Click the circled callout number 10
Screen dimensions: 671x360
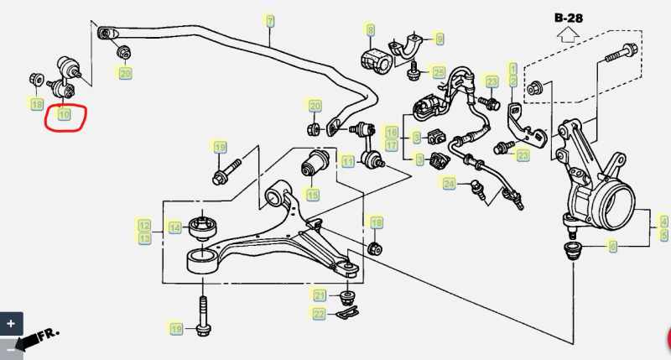(65, 114)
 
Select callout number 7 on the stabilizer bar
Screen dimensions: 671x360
(269, 20)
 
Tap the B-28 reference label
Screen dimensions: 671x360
(569, 18)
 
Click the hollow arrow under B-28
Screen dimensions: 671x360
(569, 34)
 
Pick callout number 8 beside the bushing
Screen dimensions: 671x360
(370, 30)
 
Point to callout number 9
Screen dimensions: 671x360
(440, 39)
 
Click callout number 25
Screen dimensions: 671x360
(439, 72)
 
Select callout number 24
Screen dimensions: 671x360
(449, 184)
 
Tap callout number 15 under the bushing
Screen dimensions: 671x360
(313, 196)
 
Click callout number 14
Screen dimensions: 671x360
(174, 227)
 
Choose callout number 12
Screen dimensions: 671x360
(144, 226)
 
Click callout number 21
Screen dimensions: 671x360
(320, 295)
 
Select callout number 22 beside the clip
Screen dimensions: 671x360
(319, 314)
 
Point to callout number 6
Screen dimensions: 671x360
(613, 247)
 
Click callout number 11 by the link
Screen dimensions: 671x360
(347, 162)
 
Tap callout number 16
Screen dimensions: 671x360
(392, 132)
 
